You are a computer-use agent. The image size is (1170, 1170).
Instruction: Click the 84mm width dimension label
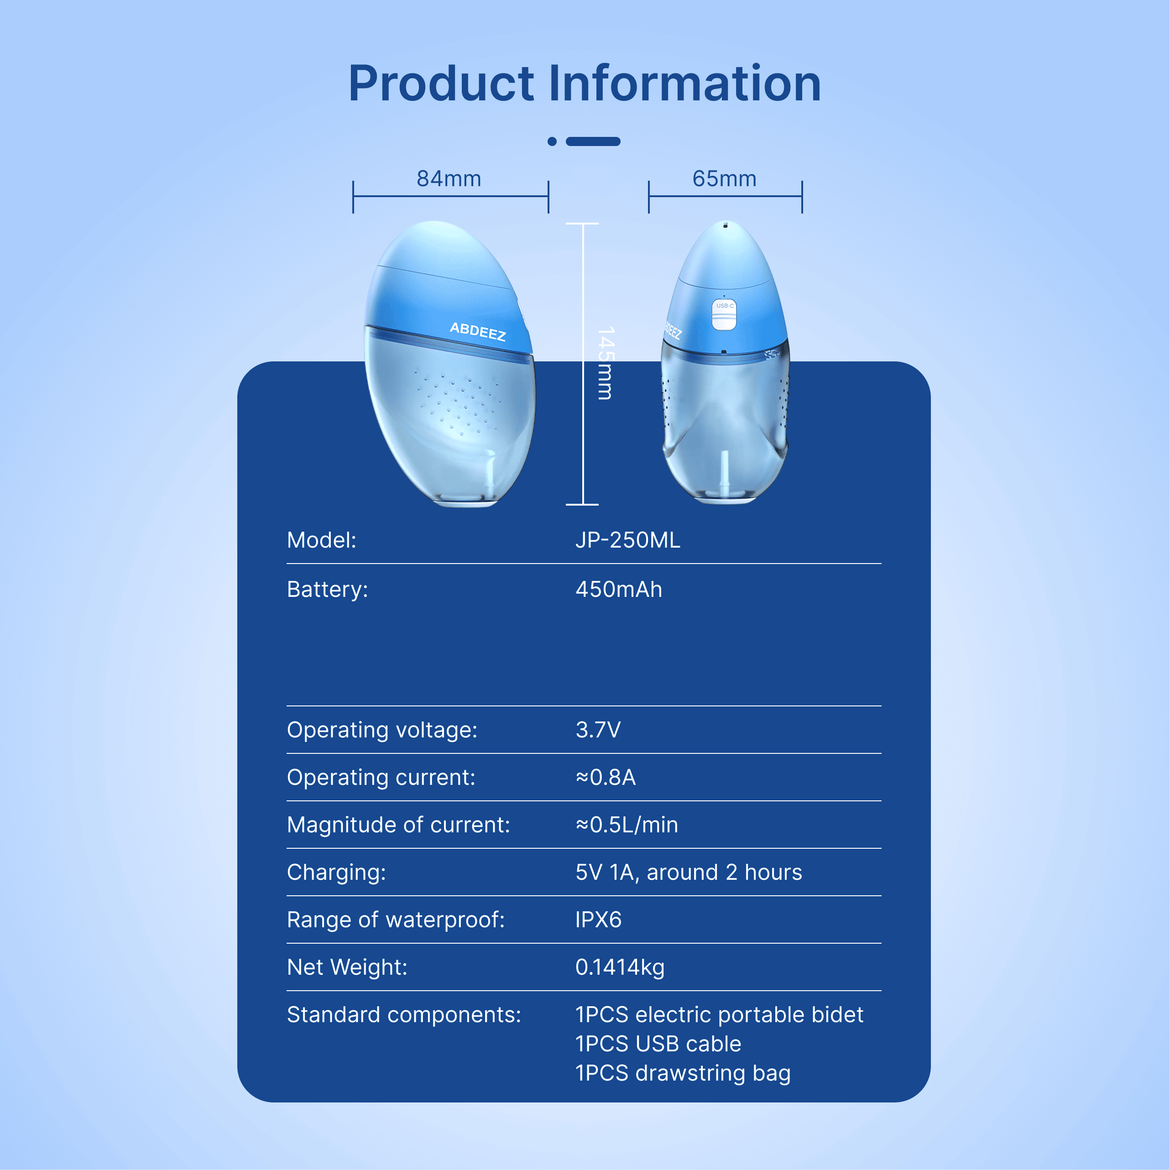pyautogui.click(x=449, y=179)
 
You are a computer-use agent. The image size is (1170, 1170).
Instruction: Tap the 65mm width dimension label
pyautogui.click(x=724, y=179)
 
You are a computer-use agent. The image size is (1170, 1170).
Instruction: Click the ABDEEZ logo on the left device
pyautogui.click(x=477, y=331)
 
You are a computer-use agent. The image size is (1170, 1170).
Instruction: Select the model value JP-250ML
pyautogui.click(x=627, y=539)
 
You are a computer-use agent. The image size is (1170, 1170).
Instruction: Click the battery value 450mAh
pyautogui.click(x=618, y=589)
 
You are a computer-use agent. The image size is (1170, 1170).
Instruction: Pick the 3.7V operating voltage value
pyautogui.click(x=598, y=730)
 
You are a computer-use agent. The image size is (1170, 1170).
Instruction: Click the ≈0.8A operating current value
pyautogui.click(x=605, y=777)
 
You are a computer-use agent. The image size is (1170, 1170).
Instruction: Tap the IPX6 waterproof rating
pyautogui.click(x=598, y=919)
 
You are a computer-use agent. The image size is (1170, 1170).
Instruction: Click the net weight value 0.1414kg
pyautogui.click(x=620, y=967)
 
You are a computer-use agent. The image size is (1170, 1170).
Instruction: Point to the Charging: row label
pyautogui.click(x=336, y=872)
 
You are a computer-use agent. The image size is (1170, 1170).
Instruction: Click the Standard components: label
pyautogui.click(x=404, y=1014)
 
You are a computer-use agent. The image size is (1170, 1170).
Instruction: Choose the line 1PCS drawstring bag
pyautogui.click(x=683, y=1072)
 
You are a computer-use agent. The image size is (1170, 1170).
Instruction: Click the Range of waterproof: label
pyautogui.click(x=396, y=919)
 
